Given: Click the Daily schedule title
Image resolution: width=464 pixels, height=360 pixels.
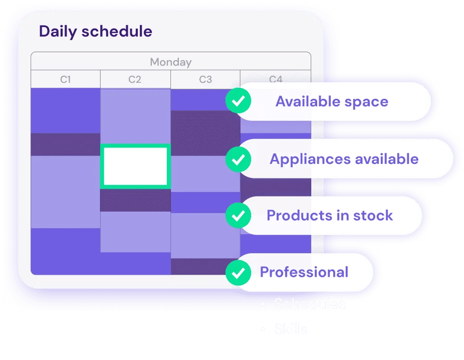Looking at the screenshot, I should [x=95, y=32].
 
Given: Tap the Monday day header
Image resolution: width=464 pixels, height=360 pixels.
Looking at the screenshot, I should [x=170, y=62].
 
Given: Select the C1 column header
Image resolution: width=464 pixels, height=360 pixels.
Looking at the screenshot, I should [x=66, y=79].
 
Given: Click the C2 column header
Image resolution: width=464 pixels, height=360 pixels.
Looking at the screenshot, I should [x=135, y=79].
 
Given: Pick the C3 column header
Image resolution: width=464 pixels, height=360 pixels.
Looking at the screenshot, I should [x=205, y=79].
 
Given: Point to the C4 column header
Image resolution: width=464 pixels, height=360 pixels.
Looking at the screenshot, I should [x=276, y=79].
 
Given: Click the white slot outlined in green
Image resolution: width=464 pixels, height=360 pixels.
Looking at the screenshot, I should [x=135, y=166].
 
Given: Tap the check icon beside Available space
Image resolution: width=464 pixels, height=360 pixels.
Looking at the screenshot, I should [x=239, y=102].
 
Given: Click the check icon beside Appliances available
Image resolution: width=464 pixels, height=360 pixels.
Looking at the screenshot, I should [x=239, y=159].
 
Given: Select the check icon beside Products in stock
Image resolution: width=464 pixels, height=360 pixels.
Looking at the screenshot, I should [x=239, y=216].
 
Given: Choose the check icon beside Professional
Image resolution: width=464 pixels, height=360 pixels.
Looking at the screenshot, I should [x=239, y=272].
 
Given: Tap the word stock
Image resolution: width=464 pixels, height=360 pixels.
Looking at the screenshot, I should [x=372, y=216].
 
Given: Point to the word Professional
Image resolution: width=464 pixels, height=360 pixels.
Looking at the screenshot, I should [x=304, y=272].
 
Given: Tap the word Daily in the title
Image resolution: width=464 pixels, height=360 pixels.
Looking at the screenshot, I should [x=58, y=32].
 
